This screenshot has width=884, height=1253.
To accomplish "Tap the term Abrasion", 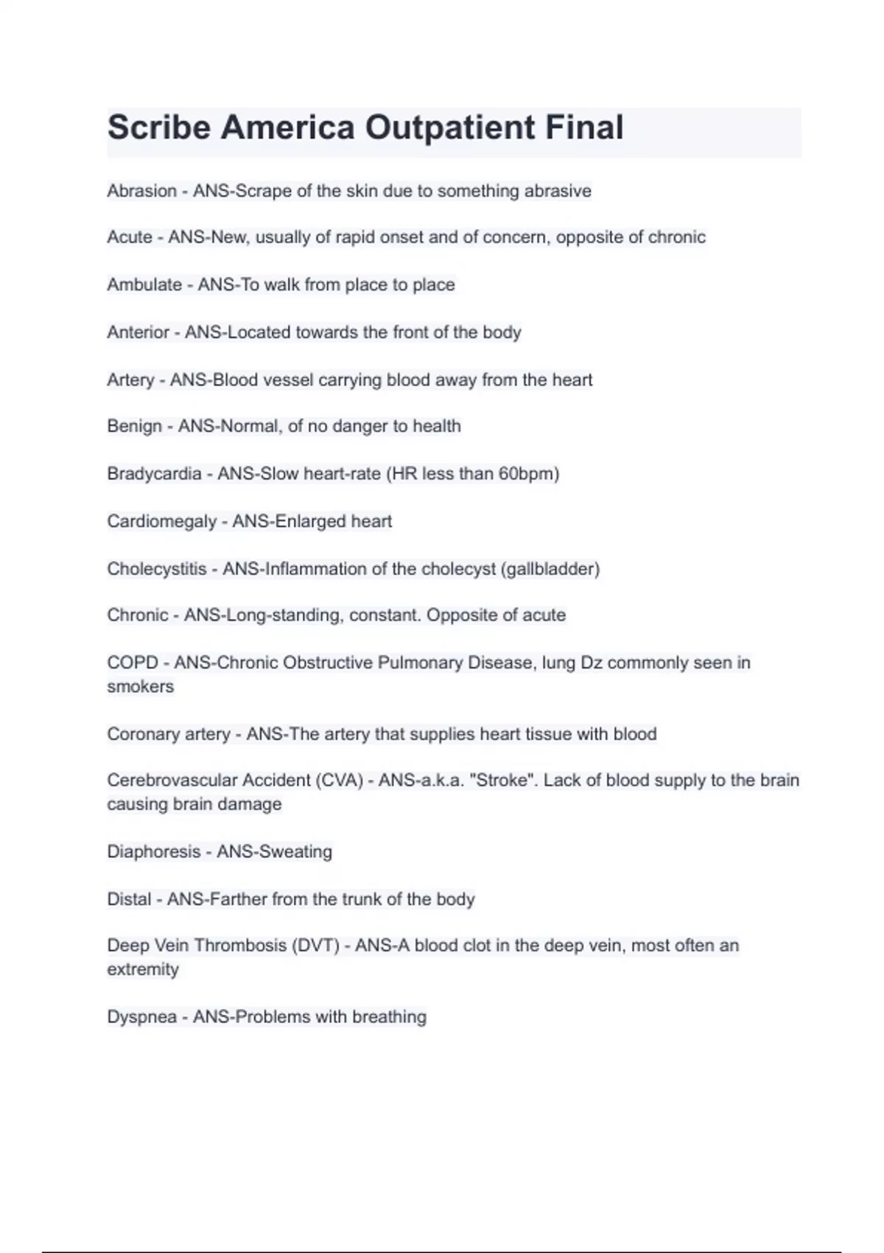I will (141, 191).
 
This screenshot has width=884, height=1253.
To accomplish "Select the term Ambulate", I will (144, 285).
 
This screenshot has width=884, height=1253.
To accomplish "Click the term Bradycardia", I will (154, 473).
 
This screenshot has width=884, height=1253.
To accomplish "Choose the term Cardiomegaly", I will (161, 521).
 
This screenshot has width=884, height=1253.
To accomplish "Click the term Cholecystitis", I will (157, 569).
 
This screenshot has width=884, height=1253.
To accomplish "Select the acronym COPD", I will (133, 663).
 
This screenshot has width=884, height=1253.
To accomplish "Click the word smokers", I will (140, 686).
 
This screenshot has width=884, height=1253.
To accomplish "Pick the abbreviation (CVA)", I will (340, 780).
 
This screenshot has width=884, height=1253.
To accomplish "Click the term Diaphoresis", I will (153, 851).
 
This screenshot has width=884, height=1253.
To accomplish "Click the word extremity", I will (142, 969).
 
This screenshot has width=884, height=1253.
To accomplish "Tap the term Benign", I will (134, 426).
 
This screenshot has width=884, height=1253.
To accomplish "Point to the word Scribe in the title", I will (158, 128).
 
